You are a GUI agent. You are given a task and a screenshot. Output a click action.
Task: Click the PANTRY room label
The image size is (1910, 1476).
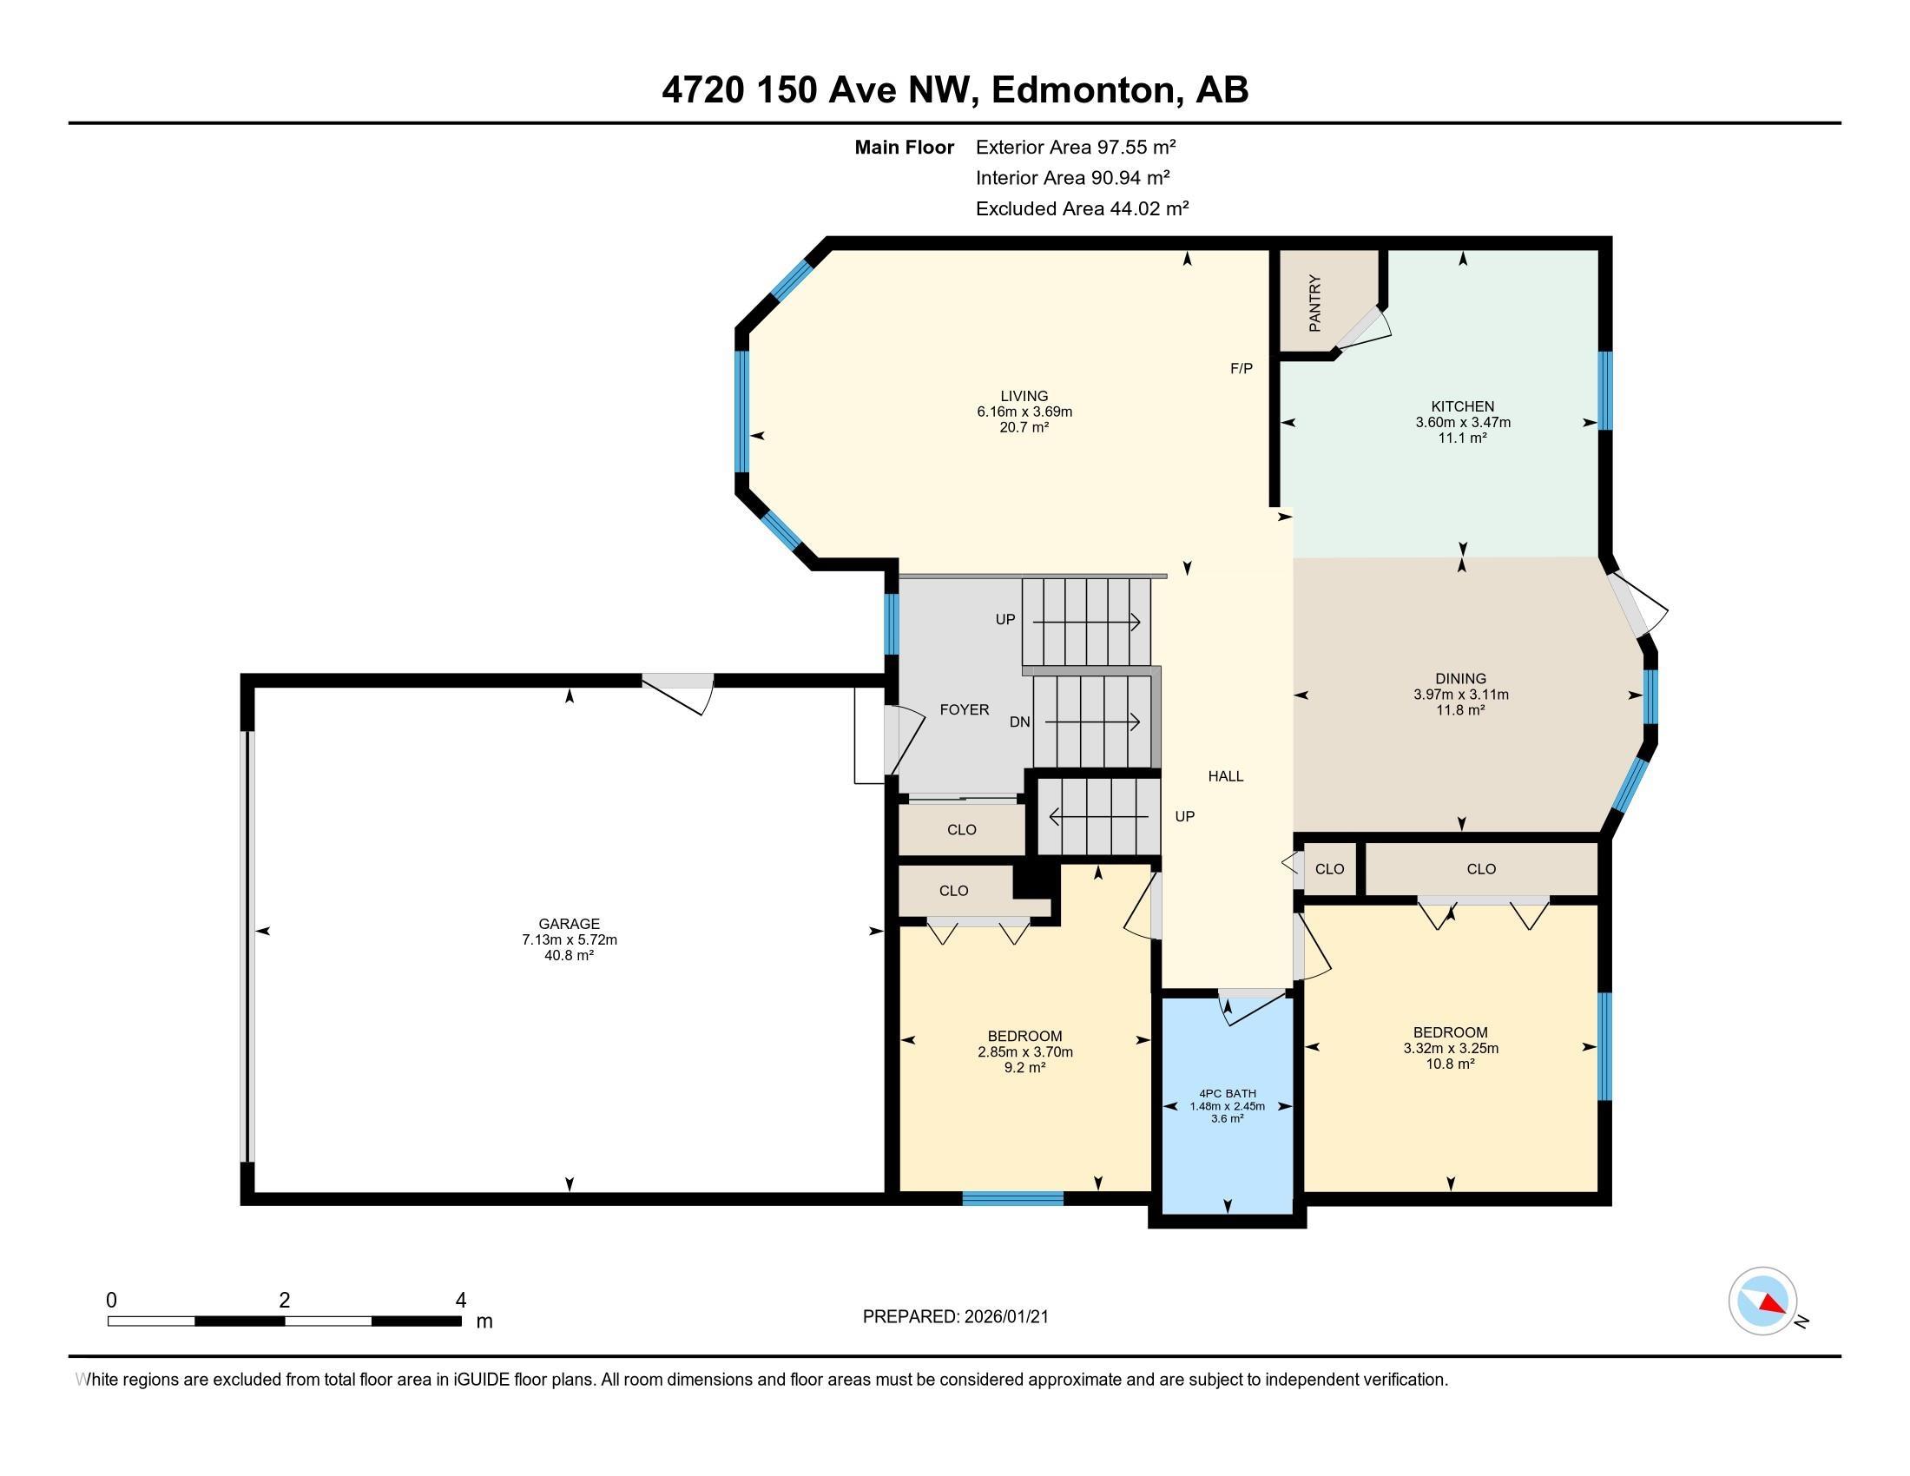pyautogui.click(x=1314, y=303)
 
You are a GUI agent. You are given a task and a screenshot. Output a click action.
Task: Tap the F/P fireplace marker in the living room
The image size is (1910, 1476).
pyautogui.click(x=1241, y=368)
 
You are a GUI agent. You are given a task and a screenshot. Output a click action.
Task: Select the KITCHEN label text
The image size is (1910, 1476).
pyautogui.click(x=1462, y=405)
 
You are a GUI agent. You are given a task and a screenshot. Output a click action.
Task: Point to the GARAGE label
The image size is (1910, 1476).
pyautogui.click(x=570, y=924)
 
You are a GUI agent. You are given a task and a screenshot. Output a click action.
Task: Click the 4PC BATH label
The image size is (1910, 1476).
pyautogui.click(x=1227, y=1093)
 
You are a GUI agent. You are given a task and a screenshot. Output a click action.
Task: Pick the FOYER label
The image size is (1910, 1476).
pyautogui.click(x=965, y=710)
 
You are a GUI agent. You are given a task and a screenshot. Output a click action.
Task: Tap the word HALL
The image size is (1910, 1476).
pyautogui.click(x=1225, y=775)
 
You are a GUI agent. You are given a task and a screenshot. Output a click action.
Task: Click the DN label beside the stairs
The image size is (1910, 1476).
pyautogui.click(x=1020, y=722)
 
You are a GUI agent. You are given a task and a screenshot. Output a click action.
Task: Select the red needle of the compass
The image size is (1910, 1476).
pyautogui.click(x=1772, y=1304)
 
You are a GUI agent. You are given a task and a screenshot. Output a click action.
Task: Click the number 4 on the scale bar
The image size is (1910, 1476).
pyautogui.click(x=461, y=1301)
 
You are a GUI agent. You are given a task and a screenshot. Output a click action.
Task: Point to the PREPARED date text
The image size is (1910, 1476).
pyautogui.click(x=955, y=1317)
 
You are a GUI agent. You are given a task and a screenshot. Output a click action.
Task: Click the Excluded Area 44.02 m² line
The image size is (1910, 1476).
pyautogui.click(x=1082, y=208)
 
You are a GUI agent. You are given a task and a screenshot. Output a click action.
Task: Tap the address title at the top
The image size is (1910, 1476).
pyautogui.click(x=955, y=89)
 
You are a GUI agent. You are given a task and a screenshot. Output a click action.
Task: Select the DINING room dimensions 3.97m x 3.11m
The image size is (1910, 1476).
pyautogui.click(x=1460, y=695)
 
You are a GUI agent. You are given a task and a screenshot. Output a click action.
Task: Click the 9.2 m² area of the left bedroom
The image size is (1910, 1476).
pyautogui.click(x=1025, y=1068)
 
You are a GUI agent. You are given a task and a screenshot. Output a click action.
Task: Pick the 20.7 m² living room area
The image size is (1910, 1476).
pyautogui.click(x=1024, y=427)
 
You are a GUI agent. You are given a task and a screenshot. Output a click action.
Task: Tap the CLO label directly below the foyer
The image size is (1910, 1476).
pyautogui.click(x=961, y=830)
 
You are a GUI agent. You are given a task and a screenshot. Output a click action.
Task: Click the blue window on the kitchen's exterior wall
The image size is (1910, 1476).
pyautogui.click(x=1604, y=390)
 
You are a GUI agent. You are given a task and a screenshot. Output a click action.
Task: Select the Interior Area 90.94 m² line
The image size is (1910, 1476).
pyautogui.click(x=1072, y=177)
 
